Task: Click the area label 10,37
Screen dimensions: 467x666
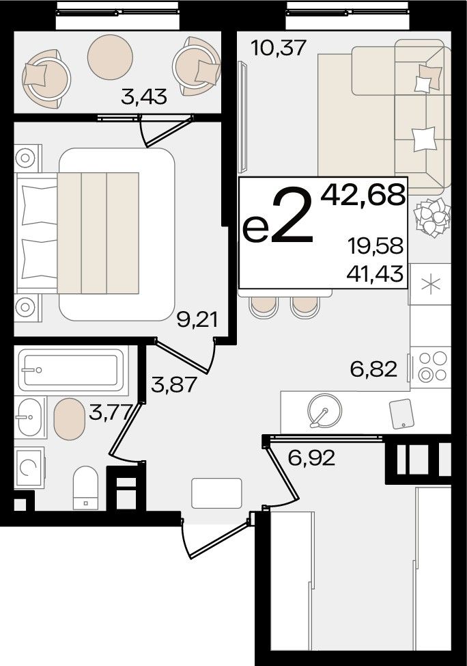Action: pos(279,48)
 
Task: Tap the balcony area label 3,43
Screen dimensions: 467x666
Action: pos(144,97)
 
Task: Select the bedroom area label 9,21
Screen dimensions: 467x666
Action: pos(197,320)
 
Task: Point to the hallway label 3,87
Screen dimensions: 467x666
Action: pos(174,384)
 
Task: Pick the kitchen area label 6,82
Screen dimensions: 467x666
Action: pos(373,369)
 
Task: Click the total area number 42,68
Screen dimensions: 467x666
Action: pos(363,196)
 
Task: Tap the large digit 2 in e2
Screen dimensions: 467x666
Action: pos(292,216)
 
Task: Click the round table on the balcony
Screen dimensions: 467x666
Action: pos(111,57)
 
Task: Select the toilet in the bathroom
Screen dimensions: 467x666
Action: pos(85,487)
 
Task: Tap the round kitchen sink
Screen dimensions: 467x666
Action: pos(325,411)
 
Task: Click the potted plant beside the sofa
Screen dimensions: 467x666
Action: pos(432,217)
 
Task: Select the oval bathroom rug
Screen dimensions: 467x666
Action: pos(70,418)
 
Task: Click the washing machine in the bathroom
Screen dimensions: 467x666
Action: pos(29,467)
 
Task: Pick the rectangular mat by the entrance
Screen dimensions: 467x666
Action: pos(216,493)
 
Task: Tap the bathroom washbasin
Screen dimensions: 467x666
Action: pos(30,417)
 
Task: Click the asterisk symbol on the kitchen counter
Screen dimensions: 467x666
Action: pos(431,284)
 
